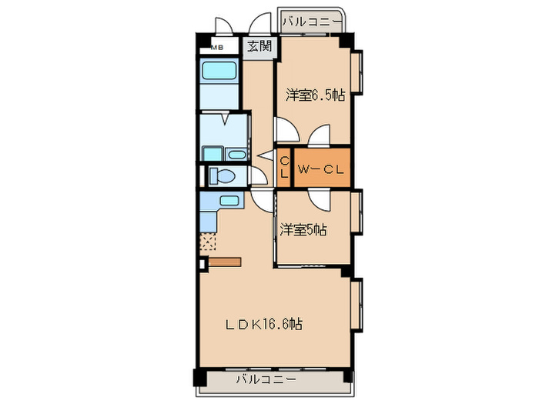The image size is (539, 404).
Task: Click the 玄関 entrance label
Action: coord(258,46)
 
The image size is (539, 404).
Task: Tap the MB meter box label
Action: coord(218,48)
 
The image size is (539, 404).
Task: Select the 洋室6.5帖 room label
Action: coord(315,95)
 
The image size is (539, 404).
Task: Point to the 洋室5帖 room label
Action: coord(303,229)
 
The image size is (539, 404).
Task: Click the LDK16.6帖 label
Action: coord(263,324)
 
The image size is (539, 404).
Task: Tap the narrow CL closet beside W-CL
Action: coord(284,167)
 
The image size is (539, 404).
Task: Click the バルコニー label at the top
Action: coord(310,22)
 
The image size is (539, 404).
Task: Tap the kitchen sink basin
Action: coord(229,202)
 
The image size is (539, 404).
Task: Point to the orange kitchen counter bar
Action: coord(225,262)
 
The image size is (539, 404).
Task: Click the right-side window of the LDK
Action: coord(356,306)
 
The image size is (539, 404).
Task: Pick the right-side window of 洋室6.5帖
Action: coord(356,75)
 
